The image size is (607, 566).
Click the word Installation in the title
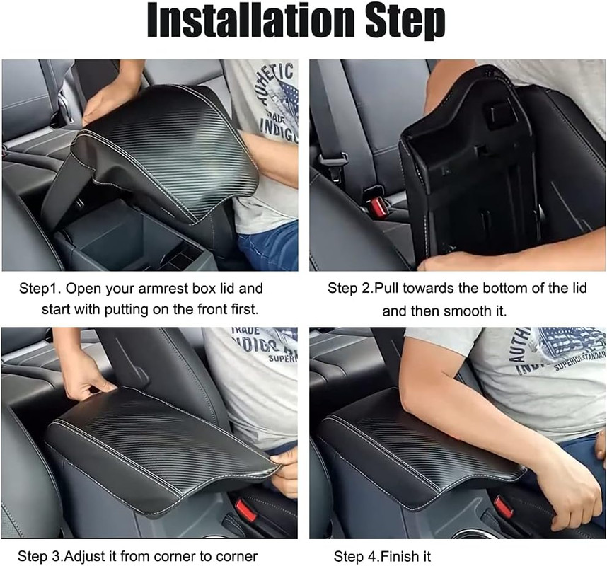click(x=252, y=20)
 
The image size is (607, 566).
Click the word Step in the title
click(x=405, y=22)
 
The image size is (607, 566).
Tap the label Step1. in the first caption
click(x=40, y=289)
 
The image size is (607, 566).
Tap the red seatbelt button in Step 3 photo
click(x=245, y=510)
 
